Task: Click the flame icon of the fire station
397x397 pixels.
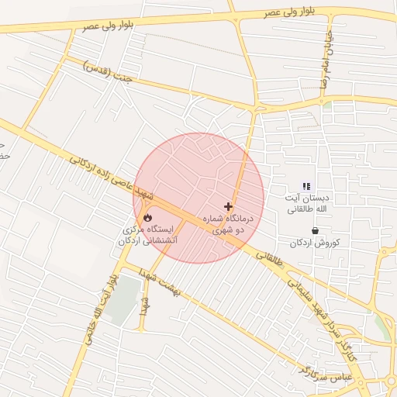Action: [x=148, y=218]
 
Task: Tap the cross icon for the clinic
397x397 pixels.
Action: [x=228, y=207]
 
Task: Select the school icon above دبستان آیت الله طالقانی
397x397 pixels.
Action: [x=306, y=186]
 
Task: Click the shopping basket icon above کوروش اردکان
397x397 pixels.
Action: [x=315, y=230]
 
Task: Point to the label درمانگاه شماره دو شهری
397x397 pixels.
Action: [x=229, y=225]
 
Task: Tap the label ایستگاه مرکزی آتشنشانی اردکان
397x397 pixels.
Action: [x=148, y=236]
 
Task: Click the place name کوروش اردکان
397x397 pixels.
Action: [x=316, y=243]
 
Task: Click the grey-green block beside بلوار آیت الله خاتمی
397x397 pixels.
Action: [x=123, y=299]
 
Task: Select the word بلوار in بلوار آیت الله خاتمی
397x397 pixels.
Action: [x=114, y=278]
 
